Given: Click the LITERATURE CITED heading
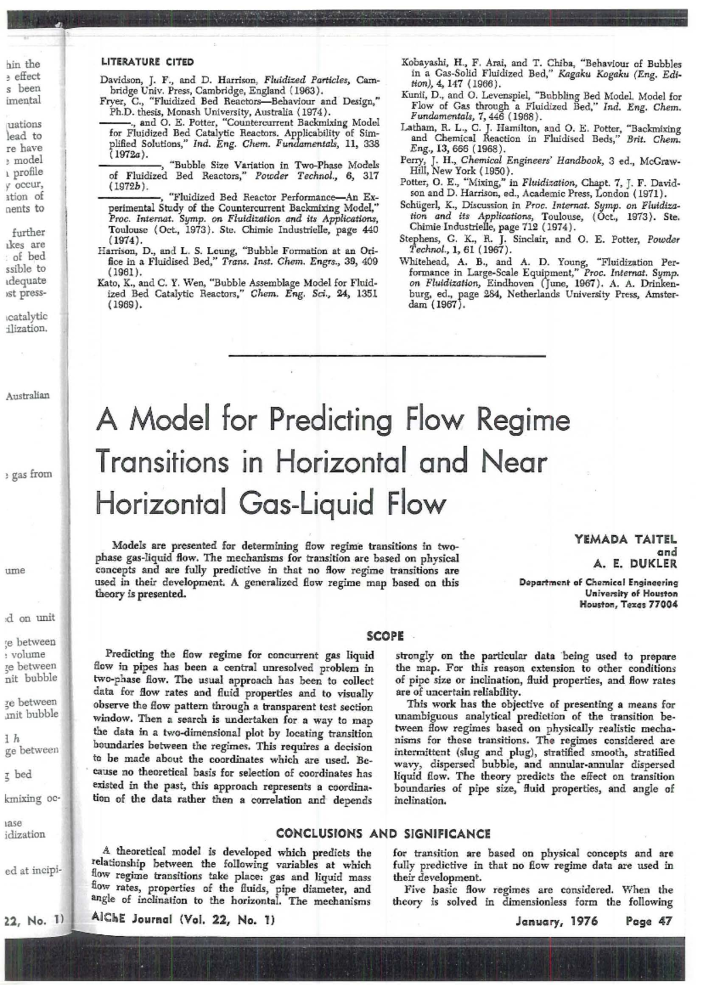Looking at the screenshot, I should pyautogui.click(x=147, y=61).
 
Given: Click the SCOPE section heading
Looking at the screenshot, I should pyautogui.click(x=385, y=635).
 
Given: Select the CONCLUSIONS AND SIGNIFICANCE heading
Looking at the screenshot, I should pyautogui.click(x=383, y=834).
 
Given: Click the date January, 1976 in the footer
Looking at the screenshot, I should pyautogui.click(x=557, y=921).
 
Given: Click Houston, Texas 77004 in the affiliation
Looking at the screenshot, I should pyautogui.click(x=628, y=604).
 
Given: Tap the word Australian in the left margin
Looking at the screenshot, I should pyautogui.click(x=28, y=395).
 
